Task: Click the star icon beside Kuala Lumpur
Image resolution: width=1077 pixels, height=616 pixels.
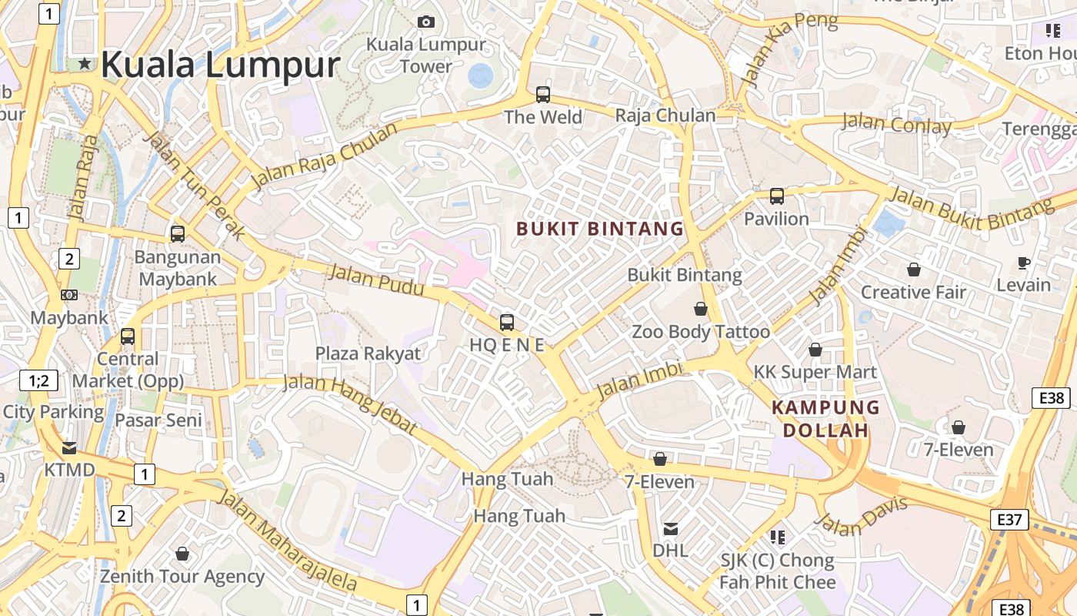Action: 84,64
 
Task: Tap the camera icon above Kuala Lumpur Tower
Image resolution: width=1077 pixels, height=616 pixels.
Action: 425,22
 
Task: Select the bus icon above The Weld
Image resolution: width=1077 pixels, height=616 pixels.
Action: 543,95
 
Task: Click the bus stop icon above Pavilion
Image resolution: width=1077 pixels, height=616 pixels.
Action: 777,196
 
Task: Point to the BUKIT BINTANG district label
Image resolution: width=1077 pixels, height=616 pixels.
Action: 600,229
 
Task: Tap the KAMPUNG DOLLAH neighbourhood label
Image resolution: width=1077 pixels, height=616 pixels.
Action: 825,419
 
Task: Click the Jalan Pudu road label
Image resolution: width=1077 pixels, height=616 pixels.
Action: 376,280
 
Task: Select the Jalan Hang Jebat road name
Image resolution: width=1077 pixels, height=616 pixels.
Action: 350,403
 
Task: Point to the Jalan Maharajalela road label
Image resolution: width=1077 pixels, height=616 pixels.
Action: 288,539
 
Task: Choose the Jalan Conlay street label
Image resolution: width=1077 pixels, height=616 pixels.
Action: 896,123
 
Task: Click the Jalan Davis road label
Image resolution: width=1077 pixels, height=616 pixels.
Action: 861,516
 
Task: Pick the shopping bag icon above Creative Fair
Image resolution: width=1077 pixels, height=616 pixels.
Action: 914,269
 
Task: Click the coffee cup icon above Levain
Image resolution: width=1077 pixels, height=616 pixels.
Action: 1023,263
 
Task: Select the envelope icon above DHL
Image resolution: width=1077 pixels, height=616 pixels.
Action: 671,528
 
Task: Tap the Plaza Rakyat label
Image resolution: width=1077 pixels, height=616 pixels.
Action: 368,353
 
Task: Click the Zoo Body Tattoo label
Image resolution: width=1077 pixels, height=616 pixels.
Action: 701,332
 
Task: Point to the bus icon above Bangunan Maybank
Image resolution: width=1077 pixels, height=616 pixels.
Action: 178,233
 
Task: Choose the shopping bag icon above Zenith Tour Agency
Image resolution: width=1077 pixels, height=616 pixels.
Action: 182,554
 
